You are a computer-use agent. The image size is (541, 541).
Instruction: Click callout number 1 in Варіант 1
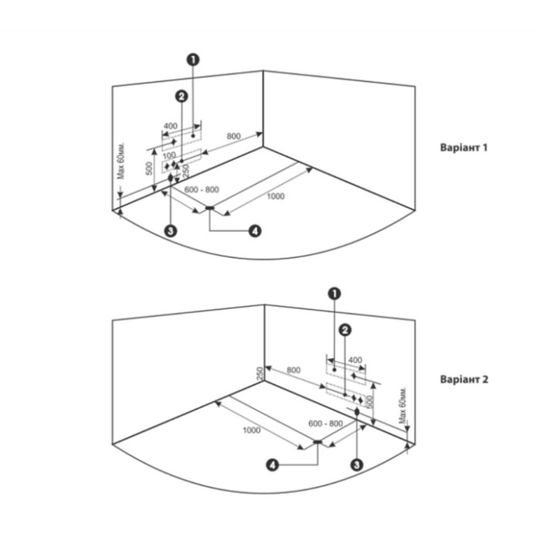pyautogui.click(x=192, y=58)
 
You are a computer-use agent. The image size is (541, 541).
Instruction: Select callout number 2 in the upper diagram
pyautogui.click(x=181, y=97)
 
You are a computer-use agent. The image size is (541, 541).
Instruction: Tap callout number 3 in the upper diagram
pyautogui.click(x=171, y=230)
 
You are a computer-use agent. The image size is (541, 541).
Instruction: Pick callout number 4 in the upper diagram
pyautogui.click(x=254, y=230)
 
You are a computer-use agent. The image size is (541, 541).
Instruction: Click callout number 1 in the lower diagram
pyautogui.click(x=334, y=293)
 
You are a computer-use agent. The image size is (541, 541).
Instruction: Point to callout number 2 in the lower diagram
pyautogui.click(x=345, y=329)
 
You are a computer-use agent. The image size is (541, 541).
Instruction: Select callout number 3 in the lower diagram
pyautogui.click(x=356, y=464)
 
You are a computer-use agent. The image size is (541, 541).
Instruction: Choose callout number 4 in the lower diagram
pyautogui.click(x=272, y=464)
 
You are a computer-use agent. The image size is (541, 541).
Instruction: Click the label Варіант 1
pyautogui.click(x=464, y=147)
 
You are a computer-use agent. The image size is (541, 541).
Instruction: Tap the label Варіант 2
pyautogui.click(x=464, y=379)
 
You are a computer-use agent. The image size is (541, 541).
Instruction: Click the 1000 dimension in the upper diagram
pyautogui.click(x=275, y=196)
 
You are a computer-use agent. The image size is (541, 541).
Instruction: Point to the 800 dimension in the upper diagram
pyautogui.click(x=233, y=136)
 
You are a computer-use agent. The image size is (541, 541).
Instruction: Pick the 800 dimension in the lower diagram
pyautogui.click(x=294, y=370)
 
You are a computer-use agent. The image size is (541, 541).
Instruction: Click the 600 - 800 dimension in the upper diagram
pyautogui.click(x=202, y=189)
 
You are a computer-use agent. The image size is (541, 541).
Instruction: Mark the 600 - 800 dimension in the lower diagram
pyautogui.click(x=325, y=424)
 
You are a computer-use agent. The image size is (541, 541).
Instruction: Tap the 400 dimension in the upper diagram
pyautogui.click(x=170, y=126)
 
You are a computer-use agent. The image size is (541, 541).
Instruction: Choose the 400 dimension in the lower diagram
pyautogui.click(x=355, y=360)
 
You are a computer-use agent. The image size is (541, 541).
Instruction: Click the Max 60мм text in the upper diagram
pyautogui.click(x=122, y=162)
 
